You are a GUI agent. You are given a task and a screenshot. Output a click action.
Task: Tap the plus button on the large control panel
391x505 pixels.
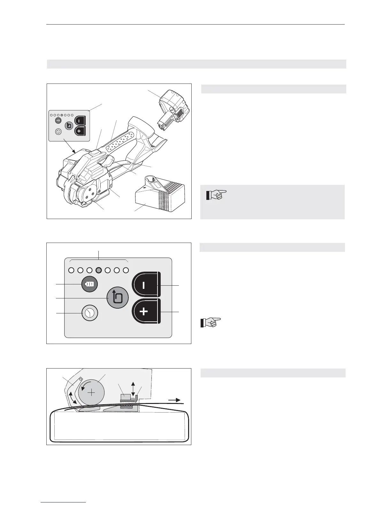[x=145, y=311]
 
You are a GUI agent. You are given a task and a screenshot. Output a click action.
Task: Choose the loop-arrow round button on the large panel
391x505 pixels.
[x=117, y=297]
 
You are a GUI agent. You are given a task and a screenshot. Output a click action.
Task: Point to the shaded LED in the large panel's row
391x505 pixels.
[x=99, y=270]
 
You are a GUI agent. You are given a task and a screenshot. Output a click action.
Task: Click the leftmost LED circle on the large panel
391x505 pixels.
[x=71, y=270]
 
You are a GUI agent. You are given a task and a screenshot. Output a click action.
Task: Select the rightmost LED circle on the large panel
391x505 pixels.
[x=126, y=270]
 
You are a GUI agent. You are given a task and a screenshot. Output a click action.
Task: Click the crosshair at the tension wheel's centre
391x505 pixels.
[x=91, y=392]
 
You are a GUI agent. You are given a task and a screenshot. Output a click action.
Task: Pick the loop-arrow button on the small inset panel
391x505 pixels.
[x=69, y=126]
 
